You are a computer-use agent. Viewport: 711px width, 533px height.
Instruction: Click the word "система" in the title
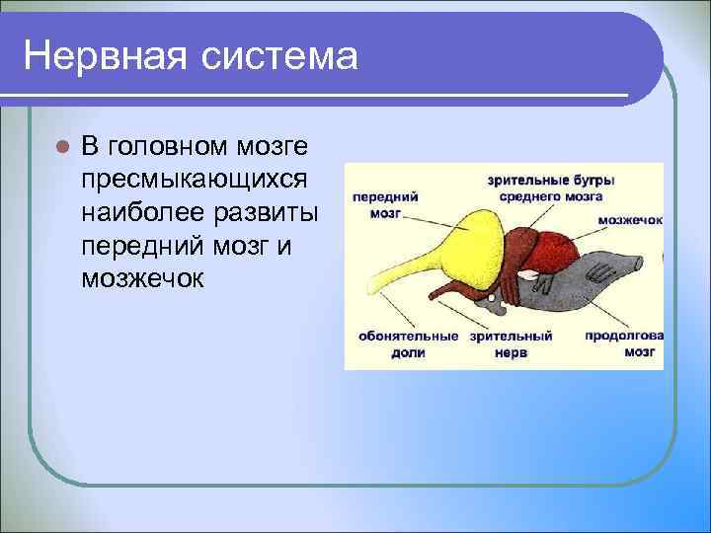coord(278,55)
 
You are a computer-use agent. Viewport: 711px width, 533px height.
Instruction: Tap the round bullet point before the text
coord(60,147)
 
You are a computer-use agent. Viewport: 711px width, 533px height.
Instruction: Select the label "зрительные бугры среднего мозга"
coord(551,188)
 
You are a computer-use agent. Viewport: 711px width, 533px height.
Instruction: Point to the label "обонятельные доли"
coord(401,343)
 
